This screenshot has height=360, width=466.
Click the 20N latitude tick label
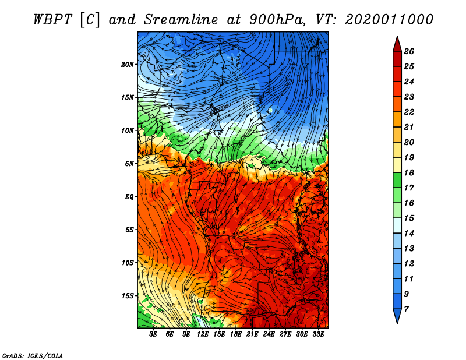128,65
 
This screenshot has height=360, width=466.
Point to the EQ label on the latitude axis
129,197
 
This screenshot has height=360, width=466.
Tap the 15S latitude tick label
128,296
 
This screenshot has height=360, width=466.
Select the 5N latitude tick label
129,164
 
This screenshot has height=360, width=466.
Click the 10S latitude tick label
128,263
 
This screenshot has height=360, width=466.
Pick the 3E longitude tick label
153,334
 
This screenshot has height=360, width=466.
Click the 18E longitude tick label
236,334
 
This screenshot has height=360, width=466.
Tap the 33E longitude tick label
318,334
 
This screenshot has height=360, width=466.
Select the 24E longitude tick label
269,334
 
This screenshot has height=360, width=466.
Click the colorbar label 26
409,51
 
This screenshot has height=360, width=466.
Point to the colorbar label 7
406,309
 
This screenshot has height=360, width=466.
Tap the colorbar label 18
409,172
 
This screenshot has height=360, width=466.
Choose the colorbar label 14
409,233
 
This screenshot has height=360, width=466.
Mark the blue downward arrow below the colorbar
397,315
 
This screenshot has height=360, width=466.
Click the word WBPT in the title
52,20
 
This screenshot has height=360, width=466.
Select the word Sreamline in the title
181,20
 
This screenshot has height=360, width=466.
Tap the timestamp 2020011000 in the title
389,20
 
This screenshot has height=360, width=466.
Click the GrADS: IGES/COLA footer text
33,355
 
